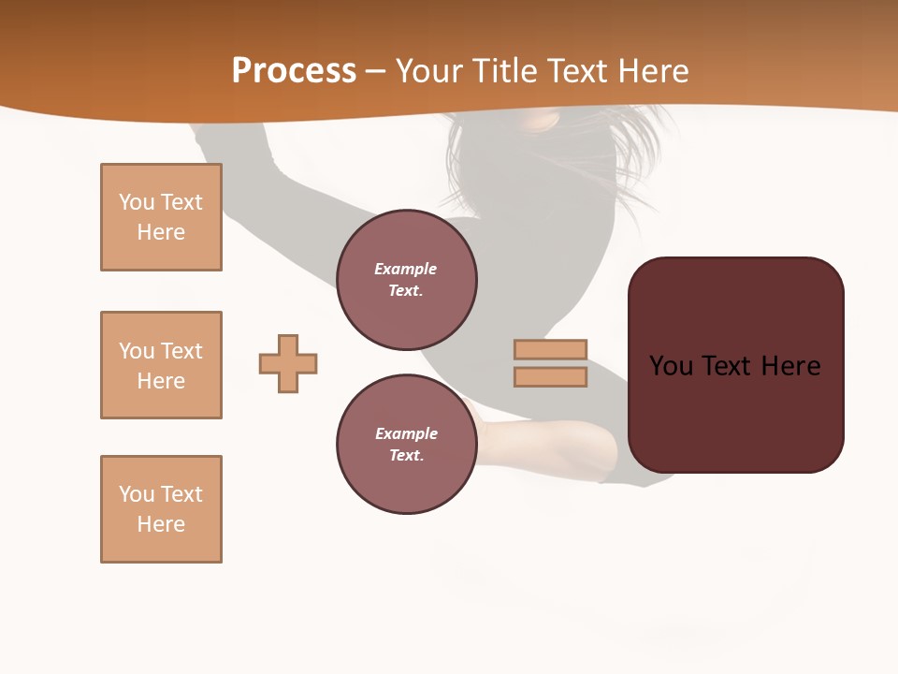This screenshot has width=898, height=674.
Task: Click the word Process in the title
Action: (294, 71)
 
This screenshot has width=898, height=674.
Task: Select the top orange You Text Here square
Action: (161, 217)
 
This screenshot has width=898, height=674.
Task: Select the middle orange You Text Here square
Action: (161, 365)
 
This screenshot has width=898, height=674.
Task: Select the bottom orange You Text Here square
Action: (161, 509)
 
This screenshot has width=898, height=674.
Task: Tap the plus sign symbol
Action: (288, 363)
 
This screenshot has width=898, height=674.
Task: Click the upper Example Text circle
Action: (407, 280)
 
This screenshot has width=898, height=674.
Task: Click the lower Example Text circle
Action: (407, 444)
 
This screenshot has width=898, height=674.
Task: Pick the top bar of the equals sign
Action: (550, 349)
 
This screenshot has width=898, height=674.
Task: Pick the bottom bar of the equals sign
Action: (550, 376)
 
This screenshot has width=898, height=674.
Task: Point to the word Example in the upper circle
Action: (406, 269)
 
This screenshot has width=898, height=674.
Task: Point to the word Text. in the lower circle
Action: (406, 455)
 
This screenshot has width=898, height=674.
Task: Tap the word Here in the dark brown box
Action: (790, 366)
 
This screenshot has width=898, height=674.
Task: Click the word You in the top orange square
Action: (137, 202)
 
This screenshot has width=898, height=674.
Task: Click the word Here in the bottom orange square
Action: (161, 524)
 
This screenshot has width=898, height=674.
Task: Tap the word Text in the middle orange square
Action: (181, 351)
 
